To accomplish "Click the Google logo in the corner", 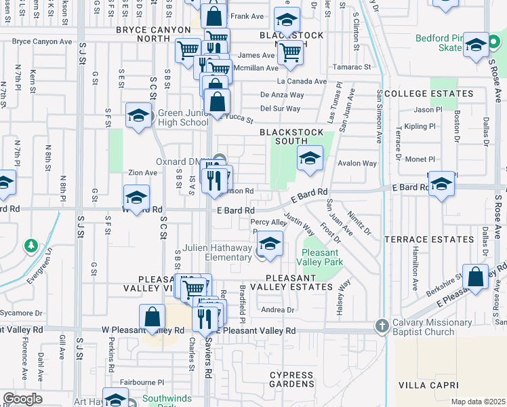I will pyautogui.click(x=22, y=399).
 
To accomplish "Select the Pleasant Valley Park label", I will pyautogui.click(x=324, y=256).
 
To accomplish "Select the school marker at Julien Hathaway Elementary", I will pyautogui.click(x=270, y=243).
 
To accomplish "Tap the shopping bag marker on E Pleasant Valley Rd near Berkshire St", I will pyautogui.click(x=476, y=277).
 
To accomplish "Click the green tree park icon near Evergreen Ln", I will pyautogui.click(x=30, y=244).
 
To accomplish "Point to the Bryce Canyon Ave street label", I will pyautogui.click(x=42, y=41).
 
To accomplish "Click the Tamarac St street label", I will pyautogui.click(x=352, y=67).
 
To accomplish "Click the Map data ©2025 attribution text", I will pyautogui.click(x=478, y=402).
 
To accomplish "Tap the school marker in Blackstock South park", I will pyautogui.click(x=310, y=159).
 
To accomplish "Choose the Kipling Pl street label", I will pyautogui.click(x=420, y=127).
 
